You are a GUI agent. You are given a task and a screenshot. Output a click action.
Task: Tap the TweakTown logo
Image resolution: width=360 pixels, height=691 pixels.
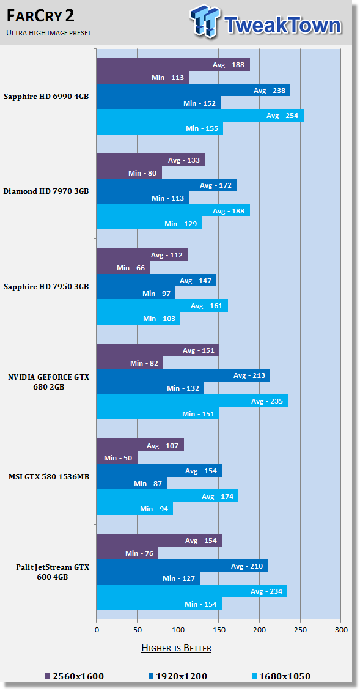265,23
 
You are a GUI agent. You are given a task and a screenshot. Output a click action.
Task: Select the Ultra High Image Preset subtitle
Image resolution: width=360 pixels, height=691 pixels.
49,33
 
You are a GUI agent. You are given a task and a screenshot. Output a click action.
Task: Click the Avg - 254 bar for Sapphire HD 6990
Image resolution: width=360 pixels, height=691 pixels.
200,116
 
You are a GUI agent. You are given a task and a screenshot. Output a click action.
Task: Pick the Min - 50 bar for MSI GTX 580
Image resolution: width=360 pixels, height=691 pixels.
117,458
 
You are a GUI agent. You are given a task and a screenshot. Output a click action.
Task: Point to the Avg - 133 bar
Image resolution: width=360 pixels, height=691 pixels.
150,160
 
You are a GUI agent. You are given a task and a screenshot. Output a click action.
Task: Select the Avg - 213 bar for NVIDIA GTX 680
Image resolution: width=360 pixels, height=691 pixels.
183,375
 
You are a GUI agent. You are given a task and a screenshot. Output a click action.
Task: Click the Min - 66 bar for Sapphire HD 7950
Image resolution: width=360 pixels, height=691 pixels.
123,268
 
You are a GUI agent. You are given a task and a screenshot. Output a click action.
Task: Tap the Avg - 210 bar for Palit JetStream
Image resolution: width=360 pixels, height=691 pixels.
182,566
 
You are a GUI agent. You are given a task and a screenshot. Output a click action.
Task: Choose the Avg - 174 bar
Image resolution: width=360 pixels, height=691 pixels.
167,496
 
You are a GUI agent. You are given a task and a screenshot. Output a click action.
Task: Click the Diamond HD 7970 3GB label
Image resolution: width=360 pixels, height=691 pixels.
46,191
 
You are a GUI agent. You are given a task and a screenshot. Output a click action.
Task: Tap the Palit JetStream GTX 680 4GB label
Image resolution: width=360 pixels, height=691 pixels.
52,572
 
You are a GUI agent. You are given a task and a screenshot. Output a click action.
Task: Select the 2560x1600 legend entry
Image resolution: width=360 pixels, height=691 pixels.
74,676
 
